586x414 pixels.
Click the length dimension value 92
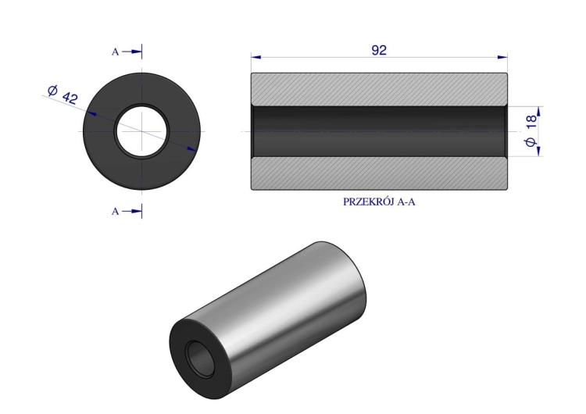tap(380, 48)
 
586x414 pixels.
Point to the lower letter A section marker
tap(116, 211)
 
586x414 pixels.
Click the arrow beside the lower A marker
tap(134, 211)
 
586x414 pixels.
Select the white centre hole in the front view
tap(142, 130)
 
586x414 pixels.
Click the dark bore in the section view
tap(379, 130)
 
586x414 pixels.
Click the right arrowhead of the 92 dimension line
tap(503, 57)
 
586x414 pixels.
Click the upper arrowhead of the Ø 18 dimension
tap(538, 110)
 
